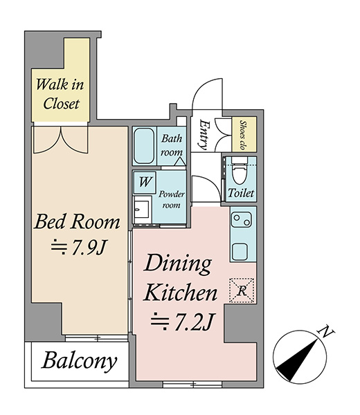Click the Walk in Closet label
pos(60,94)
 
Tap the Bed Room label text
pos(77,222)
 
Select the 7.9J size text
pos(79,248)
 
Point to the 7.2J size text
pos(182,322)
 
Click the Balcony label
pos(79,361)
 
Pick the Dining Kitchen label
pos(180,277)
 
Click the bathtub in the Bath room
pos(144,146)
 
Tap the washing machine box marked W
pos(145,183)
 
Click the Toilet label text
pos(241,193)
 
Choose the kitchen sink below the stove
pos(240,252)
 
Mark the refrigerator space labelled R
pos(242,290)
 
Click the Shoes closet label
pos(243,135)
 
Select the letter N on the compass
pos(326,332)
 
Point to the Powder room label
pos(172,200)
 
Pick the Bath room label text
pos(172,145)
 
